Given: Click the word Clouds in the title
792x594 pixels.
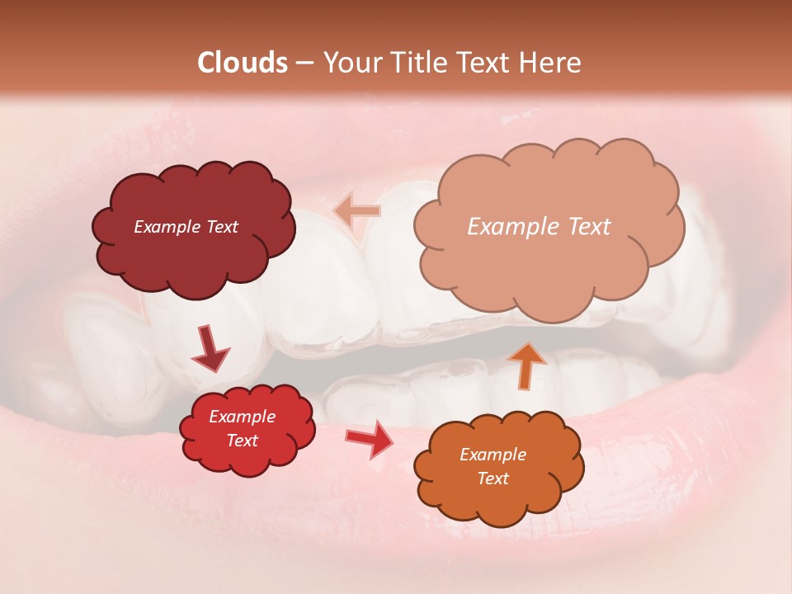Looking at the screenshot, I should click(243, 63).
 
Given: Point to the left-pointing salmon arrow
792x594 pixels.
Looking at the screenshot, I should click(357, 211).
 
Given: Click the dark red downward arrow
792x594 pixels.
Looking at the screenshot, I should click(210, 349).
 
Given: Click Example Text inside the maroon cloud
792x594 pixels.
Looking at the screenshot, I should click(186, 227).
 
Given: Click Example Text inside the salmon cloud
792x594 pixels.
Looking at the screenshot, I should click(539, 226).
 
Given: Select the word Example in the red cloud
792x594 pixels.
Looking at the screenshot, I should click(242, 417).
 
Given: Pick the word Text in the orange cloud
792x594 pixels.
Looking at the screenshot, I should click(493, 479).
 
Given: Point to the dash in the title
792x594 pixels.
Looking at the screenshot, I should click(304, 64).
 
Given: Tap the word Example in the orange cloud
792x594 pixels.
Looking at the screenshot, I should click(493, 455).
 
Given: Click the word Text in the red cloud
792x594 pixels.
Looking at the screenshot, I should click(242, 441).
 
